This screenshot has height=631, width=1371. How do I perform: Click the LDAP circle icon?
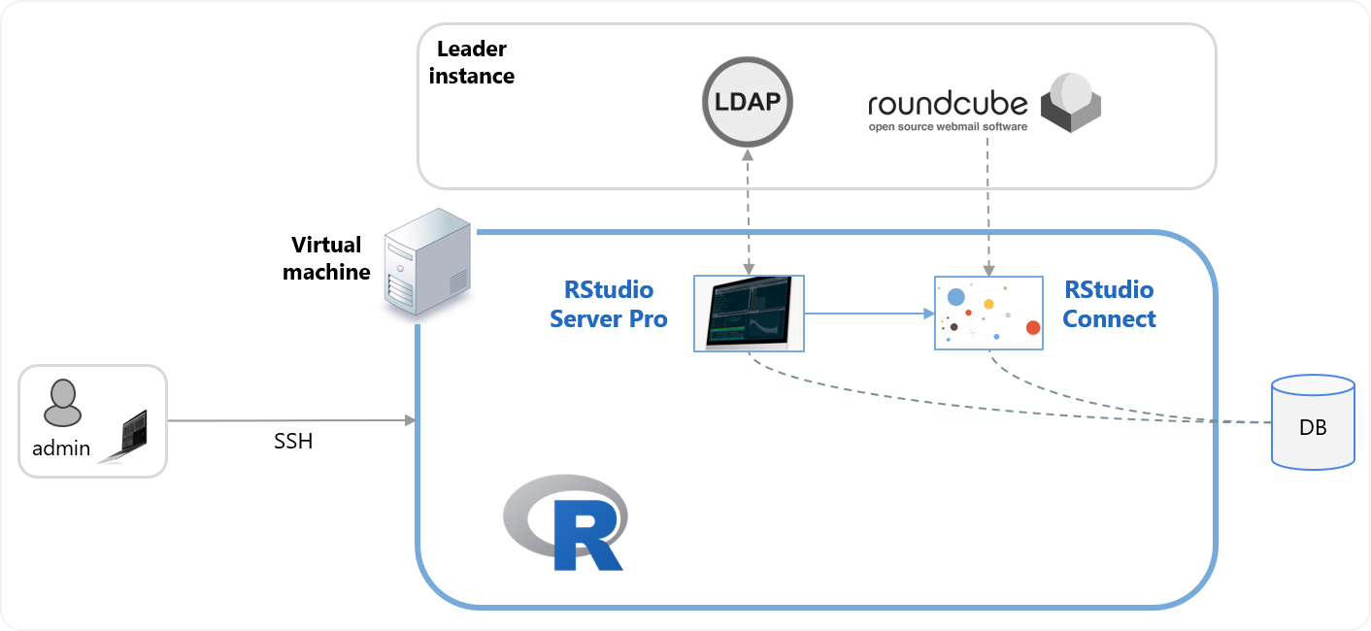(x=748, y=102)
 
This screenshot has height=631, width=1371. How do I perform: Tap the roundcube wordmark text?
(x=947, y=103)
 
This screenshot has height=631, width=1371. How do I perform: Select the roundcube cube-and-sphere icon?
(x=1071, y=103)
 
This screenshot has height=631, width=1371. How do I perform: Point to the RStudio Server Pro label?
(x=609, y=304)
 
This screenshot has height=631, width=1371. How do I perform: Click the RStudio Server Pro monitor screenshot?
(x=749, y=313)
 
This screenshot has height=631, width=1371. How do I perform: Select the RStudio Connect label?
(x=1109, y=304)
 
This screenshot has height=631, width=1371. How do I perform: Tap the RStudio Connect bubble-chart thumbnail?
(x=988, y=313)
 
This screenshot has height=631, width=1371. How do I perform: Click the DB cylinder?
(x=1313, y=423)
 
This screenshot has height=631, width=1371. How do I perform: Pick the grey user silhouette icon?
(x=62, y=404)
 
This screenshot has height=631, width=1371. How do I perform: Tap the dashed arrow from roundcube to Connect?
(x=987, y=204)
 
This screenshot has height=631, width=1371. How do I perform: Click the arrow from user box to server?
(x=291, y=421)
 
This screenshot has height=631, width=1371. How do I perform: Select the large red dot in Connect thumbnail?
(x=1032, y=327)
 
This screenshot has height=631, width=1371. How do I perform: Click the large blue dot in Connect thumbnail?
(x=956, y=297)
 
